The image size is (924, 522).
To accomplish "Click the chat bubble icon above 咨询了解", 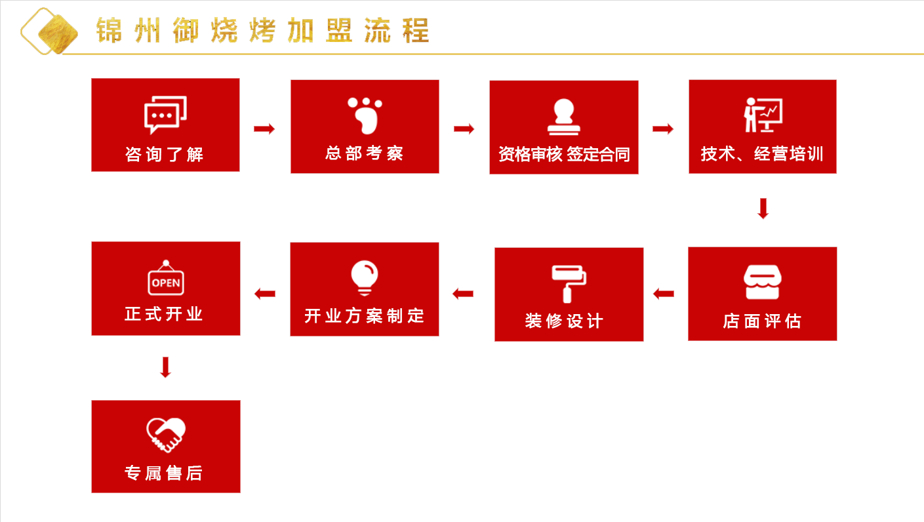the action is (165, 115).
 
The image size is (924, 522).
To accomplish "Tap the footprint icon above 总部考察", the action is (365, 116).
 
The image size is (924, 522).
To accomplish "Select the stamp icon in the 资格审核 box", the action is (564, 117).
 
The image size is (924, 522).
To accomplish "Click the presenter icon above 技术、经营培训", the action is (763, 115).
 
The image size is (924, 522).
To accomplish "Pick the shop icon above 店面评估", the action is (762, 282).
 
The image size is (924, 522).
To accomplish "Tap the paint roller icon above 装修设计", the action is (569, 284).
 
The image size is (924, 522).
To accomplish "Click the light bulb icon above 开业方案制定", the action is (365, 278).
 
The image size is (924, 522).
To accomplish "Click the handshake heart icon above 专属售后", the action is (166, 435).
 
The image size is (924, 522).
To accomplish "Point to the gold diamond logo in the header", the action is (49, 31).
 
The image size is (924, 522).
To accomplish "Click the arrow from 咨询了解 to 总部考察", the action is (264, 129).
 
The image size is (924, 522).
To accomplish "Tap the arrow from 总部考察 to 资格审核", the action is (464, 129).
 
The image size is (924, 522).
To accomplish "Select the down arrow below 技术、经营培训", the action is (763, 209).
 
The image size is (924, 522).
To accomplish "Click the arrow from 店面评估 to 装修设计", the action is (664, 294).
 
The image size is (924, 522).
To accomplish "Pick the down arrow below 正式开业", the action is (165, 367).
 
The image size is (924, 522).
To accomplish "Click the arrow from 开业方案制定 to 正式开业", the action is (265, 294).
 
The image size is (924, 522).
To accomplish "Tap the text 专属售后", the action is (164, 473).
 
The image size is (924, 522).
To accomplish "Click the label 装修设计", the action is (564, 321).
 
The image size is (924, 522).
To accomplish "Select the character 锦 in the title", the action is (110, 30).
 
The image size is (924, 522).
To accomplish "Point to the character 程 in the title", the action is (416, 30).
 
